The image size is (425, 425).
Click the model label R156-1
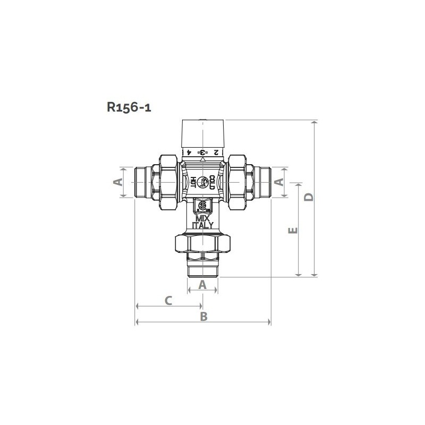coord(129,107)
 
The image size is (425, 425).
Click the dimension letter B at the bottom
coord(203,316)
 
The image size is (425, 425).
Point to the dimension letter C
coord(167,301)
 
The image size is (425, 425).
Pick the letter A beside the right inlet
coord(277,182)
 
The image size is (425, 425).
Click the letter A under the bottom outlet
coord(202,285)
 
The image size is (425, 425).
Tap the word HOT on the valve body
coord(194,182)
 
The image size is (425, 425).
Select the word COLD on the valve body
coord(211,182)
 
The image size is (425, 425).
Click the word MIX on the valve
coord(203,219)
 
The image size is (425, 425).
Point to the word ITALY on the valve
coord(203,225)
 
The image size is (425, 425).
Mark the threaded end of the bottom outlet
coord(203,268)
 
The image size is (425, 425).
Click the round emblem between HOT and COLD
coord(203,182)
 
